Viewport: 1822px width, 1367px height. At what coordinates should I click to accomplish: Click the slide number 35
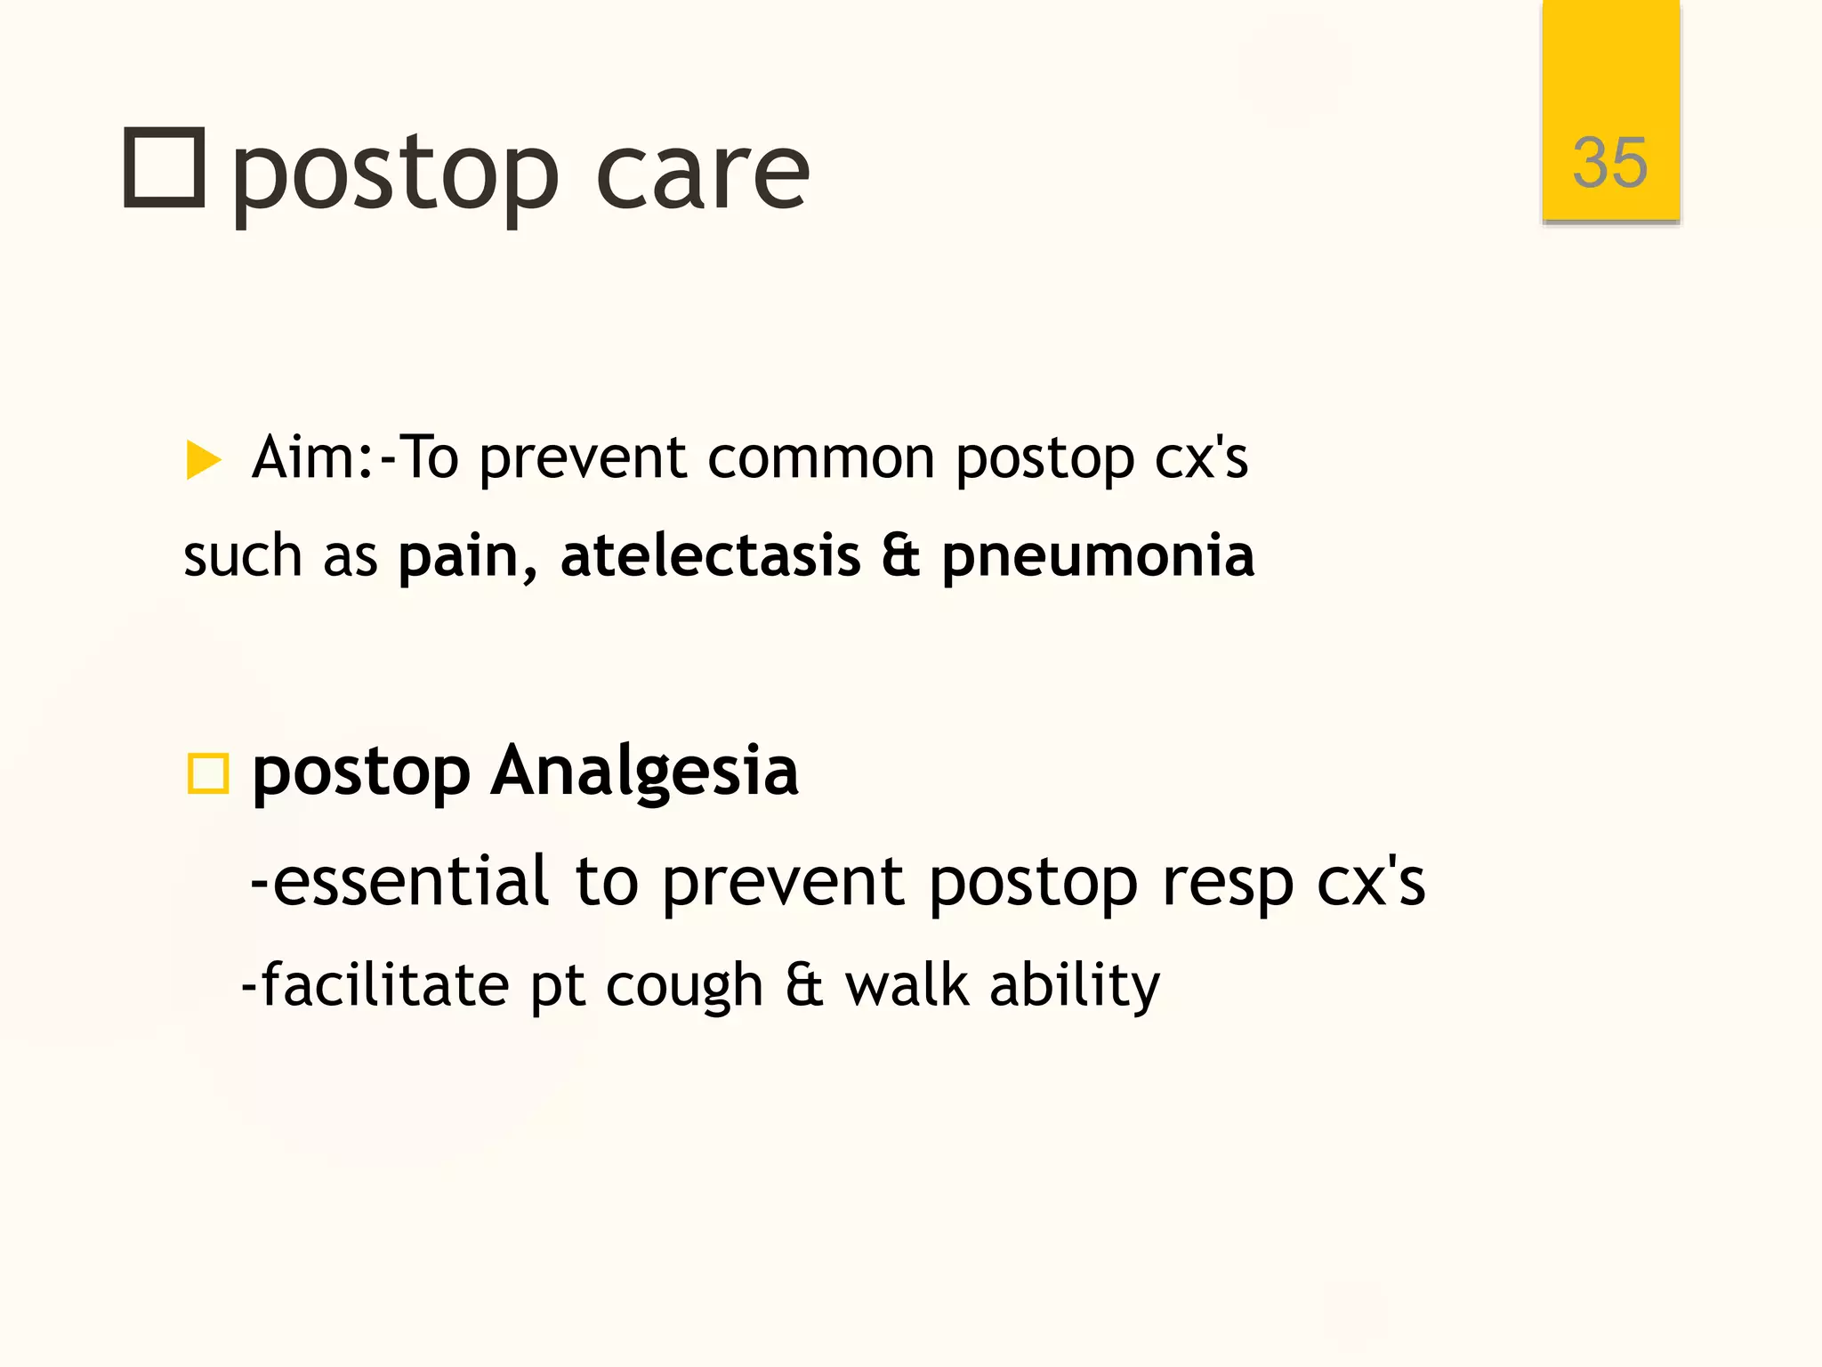point(1609,163)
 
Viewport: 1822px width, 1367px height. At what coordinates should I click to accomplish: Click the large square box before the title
point(165,168)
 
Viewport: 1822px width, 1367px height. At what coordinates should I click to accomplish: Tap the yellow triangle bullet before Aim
point(203,460)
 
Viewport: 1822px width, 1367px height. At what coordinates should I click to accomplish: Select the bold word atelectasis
point(710,556)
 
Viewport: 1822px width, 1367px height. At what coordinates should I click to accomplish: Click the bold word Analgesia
point(645,771)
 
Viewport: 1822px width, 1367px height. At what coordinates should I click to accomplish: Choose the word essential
point(410,881)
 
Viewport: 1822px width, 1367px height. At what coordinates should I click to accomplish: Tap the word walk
point(907,985)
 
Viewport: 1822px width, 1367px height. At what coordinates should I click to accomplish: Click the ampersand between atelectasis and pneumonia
point(900,556)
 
